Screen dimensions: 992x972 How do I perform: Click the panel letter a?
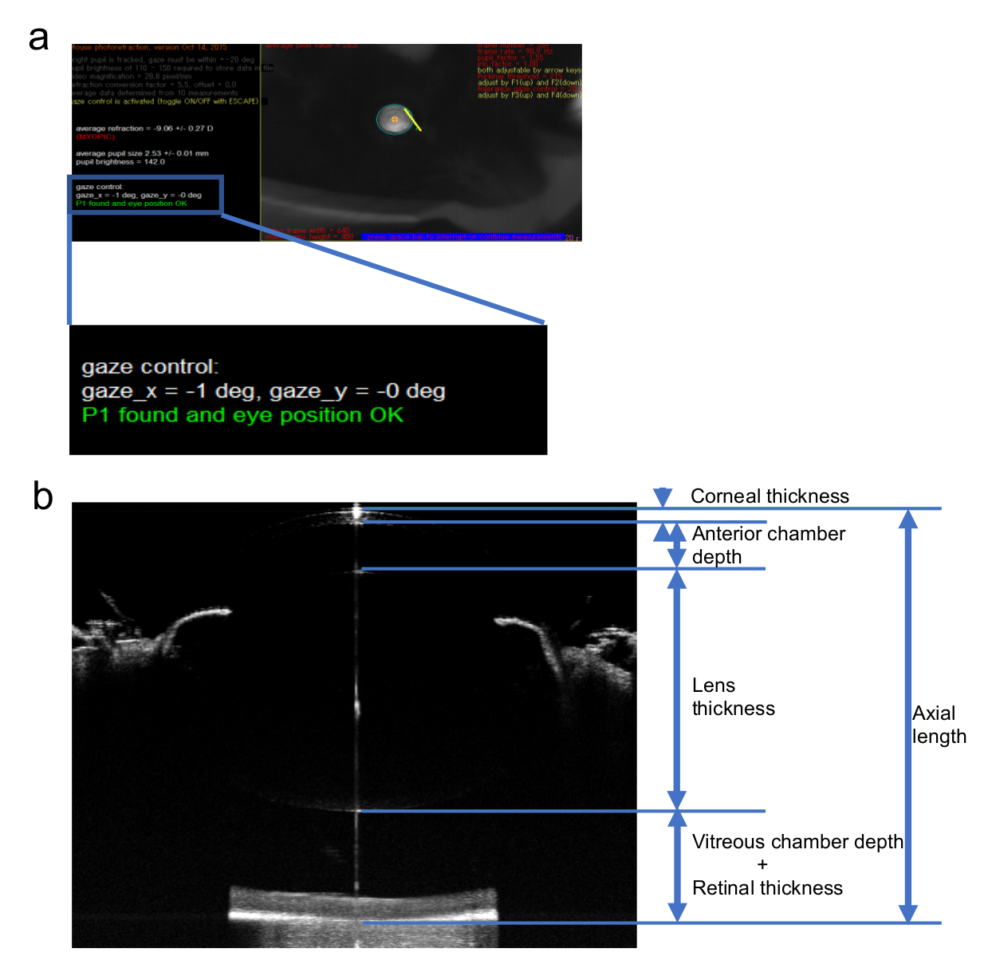[38, 38]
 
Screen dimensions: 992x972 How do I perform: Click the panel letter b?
[42, 496]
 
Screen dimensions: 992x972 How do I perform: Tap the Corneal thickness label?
[769, 496]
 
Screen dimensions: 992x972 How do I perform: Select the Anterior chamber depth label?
[768, 545]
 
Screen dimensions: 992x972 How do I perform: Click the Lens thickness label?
[732, 697]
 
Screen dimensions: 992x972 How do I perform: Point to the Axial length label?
[939, 725]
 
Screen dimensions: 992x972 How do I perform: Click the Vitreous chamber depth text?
[797, 842]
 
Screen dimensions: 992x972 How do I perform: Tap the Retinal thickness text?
[767, 888]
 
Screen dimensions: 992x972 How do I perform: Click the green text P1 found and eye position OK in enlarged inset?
[242, 415]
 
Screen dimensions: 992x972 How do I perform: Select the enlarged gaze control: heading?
[150, 367]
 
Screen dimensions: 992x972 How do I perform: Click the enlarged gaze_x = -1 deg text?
[167, 391]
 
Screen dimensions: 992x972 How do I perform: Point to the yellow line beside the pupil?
[413, 120]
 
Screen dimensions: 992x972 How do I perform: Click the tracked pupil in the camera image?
[393, 120]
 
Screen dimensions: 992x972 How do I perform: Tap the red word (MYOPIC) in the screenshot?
[96, 136]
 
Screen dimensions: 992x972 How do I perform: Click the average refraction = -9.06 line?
[144, 128]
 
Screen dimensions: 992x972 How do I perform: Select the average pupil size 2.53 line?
[142, 153]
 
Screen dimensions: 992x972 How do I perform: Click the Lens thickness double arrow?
[677, 690]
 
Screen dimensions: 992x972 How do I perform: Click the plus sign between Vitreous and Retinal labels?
[762, 865]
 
